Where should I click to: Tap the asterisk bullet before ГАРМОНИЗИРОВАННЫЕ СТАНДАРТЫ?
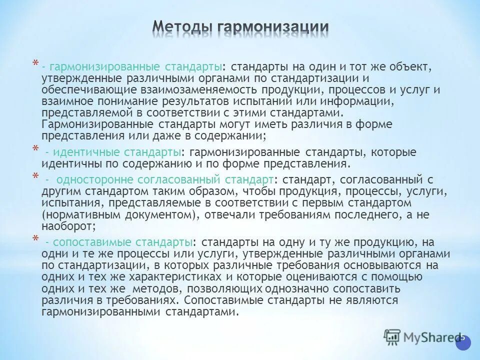point(35,64)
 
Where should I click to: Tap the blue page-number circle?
point(463,338)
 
